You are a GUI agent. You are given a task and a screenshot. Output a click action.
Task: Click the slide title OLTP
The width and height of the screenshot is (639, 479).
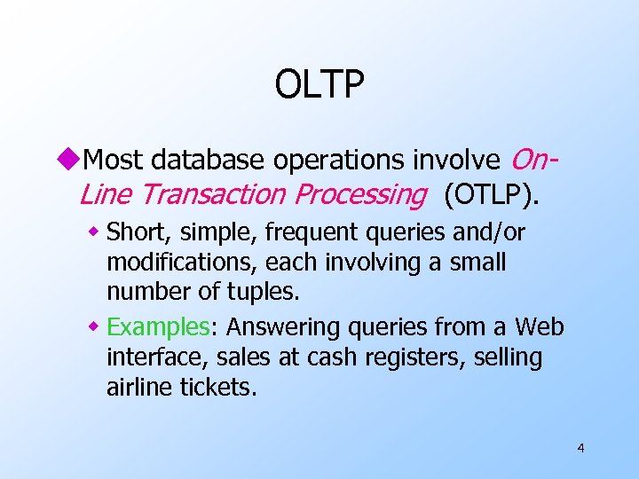point(319,86)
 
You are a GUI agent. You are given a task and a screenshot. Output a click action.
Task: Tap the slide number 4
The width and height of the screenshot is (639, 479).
point(580,448)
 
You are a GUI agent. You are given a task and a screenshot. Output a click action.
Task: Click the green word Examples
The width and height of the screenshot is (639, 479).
point(156,327)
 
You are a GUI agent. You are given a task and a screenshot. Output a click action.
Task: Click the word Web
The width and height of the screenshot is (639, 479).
point(539,327)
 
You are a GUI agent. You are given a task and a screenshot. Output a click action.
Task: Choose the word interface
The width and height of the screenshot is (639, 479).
point(151,357)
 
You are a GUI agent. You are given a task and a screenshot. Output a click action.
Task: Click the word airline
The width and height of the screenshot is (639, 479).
point(140,388)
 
